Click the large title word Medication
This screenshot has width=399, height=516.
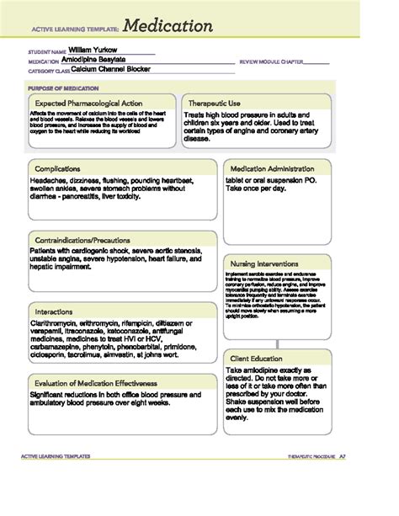[169, 26]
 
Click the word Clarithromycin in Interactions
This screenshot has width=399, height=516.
[54, 322]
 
